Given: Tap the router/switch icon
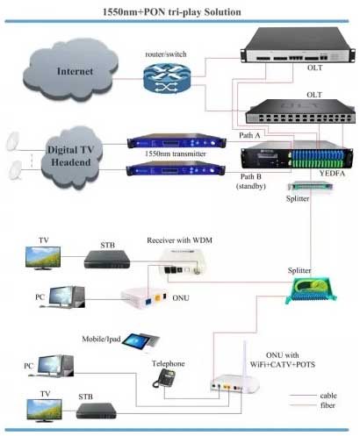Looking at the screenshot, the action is click(167, 79).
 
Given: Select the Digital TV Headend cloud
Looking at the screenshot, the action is click(71, 157).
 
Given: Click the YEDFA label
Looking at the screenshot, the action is click(332, 174).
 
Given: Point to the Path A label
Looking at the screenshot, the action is click(249, 135).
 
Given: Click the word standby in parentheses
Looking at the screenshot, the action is click(251, 186).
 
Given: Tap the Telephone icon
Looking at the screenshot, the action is click(164, 378).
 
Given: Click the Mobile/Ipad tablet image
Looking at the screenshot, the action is click(141, 341).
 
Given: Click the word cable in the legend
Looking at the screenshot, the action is click(328, 396).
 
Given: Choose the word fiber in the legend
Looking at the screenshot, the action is click(328, 405).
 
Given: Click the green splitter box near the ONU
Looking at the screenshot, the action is click(311, 289).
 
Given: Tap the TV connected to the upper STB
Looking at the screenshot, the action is click(43, 258).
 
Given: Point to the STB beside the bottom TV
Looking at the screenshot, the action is click(97, 411).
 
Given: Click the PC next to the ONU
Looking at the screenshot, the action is click(67, 297).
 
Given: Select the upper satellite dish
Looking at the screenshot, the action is click(13, 141).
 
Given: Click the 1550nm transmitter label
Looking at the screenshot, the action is click(176, 154).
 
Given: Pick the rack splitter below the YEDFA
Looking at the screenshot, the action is click(310, 186).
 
